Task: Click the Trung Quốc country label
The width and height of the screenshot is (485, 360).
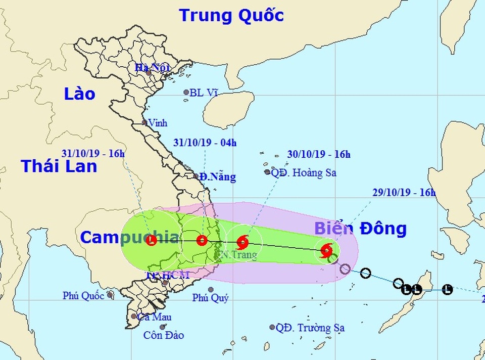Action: (x=231, y=15)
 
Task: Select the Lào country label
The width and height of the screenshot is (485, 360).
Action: (x=80, y=94)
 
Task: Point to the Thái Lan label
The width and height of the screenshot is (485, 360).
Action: (x=59, y=166)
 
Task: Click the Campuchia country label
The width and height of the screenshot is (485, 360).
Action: (x=129, y=237)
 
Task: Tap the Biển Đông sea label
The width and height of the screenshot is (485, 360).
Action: (x=360, y=229)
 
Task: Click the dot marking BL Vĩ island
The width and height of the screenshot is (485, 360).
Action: (x=186, y=93)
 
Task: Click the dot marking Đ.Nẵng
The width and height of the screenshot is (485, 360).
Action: (x=197, y=176)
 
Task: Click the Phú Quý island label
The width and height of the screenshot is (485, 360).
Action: (x=211, y=298)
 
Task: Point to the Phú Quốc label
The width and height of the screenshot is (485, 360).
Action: (x=83, y=296)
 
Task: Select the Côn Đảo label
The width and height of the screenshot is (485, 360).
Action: (x=163, y=335)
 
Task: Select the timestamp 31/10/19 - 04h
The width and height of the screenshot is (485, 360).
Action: (x=204, y=143)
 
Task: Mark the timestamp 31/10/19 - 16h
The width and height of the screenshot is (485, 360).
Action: (x=92, y=153)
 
